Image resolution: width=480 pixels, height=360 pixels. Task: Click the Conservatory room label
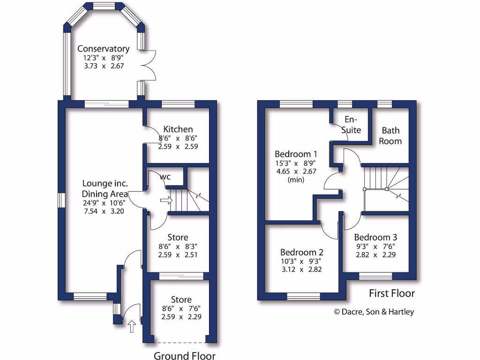coord(103,49)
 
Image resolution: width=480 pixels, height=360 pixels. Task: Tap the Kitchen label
coord(178,129)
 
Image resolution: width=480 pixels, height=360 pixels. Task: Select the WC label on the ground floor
coord(165,177)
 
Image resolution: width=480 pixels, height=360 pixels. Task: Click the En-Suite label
coord(351,124)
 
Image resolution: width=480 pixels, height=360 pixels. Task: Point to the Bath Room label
coord(390,135)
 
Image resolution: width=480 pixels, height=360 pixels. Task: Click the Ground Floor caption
coord(185,356)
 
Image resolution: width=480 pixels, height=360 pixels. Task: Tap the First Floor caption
coord(392,293)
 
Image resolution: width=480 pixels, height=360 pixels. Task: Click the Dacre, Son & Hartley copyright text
coord(374,312)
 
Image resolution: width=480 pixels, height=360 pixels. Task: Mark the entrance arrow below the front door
coord(132,326)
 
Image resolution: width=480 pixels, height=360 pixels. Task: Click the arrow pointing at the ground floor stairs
coord(166,201)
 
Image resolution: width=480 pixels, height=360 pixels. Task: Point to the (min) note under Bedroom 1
coord(296,180)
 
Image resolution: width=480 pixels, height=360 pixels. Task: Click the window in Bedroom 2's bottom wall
coord(303,296)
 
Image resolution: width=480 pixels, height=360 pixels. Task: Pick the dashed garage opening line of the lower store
coord(181,341)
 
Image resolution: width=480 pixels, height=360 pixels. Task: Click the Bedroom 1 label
coord(296,154)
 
